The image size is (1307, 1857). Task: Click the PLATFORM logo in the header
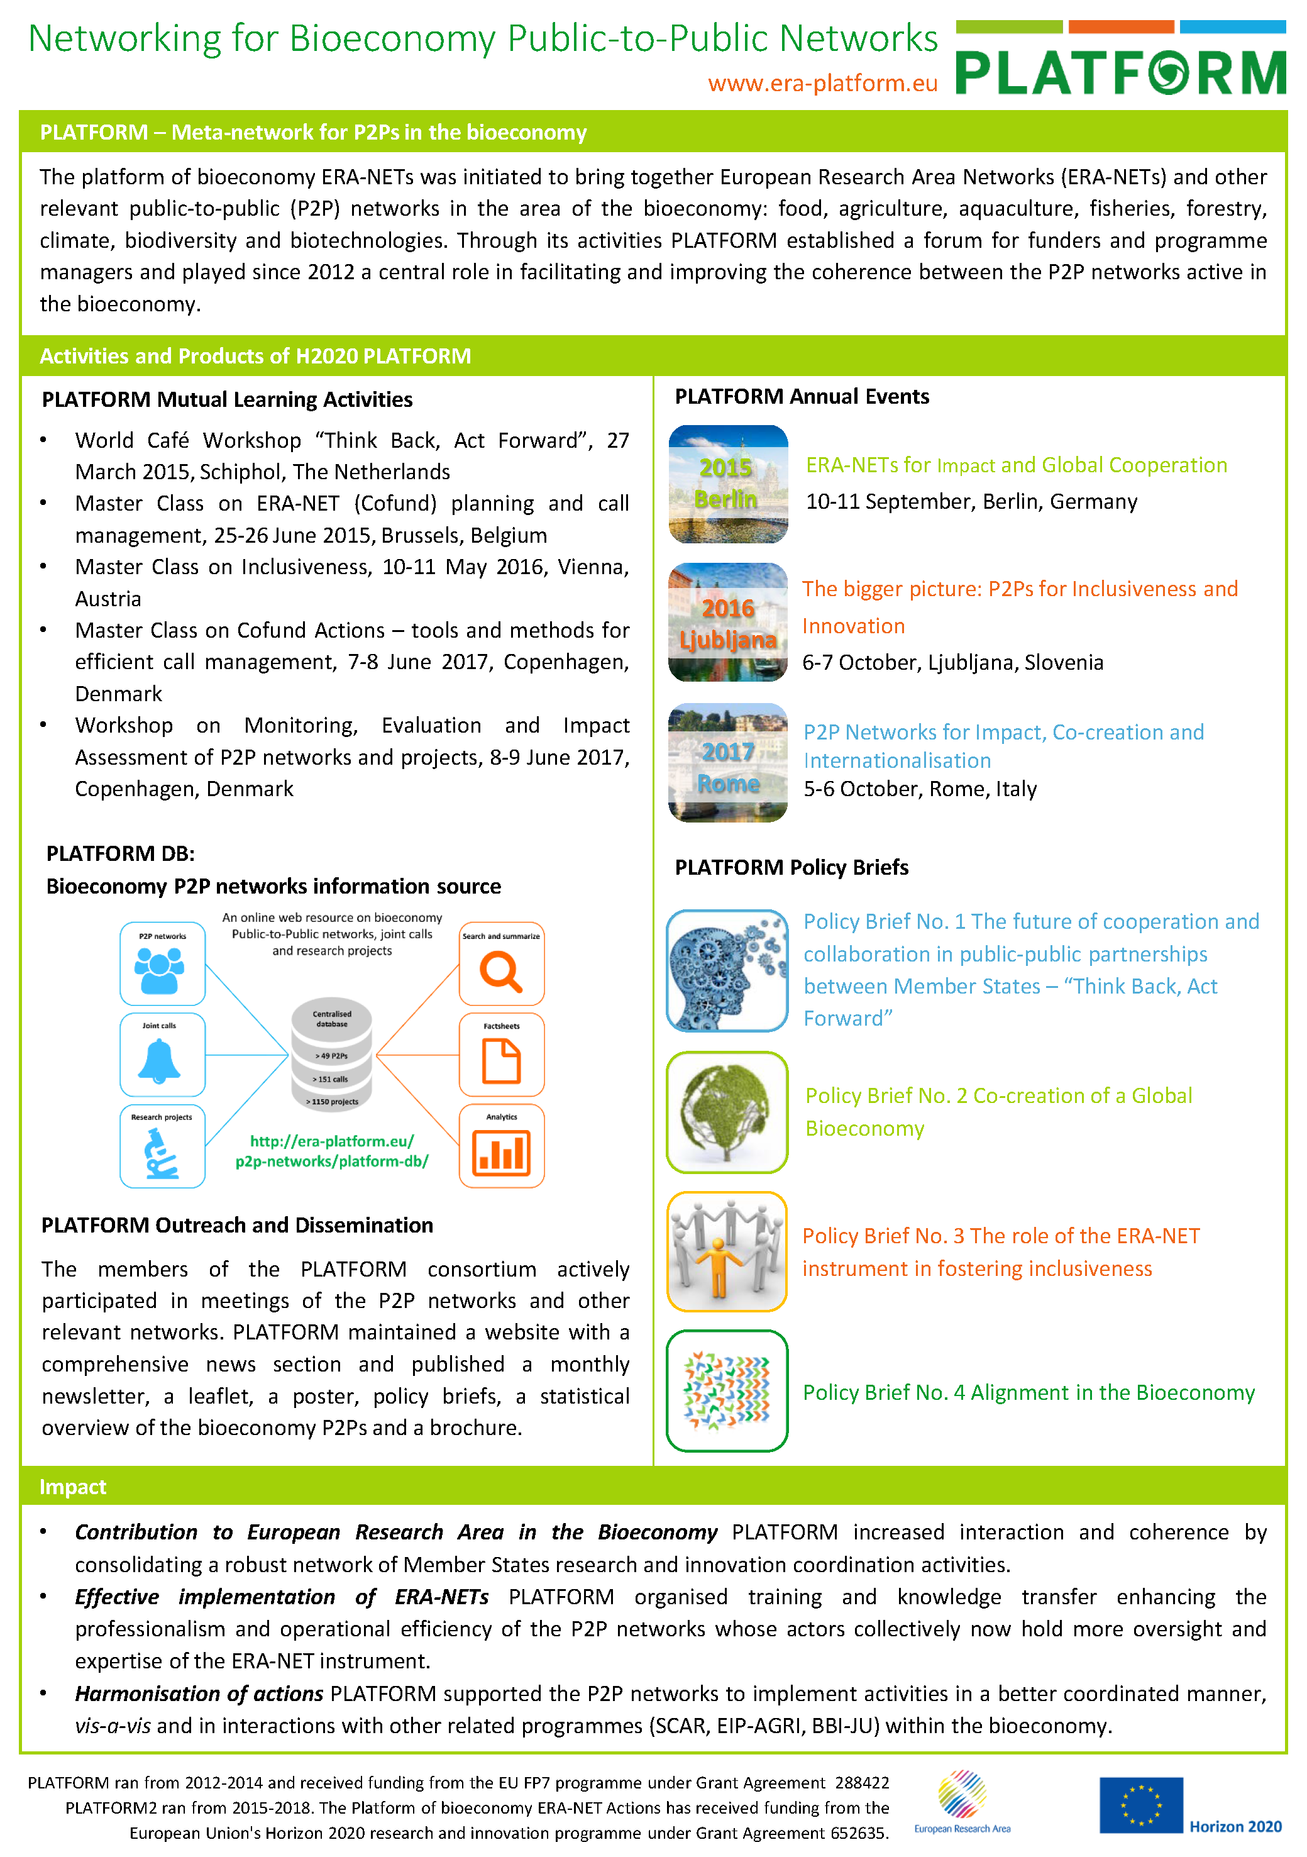[1120, 71]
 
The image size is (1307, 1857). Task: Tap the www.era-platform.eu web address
[822, 83]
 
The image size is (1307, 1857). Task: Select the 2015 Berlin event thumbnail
[728, 484]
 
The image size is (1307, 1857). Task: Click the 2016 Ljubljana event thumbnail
[728, 622]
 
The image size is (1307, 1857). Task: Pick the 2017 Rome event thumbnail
[728, 763]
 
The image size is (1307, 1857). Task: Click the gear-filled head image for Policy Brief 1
[727, 970]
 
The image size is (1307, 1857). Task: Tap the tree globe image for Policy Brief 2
[727, 1112]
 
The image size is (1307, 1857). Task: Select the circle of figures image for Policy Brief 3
[727, 1251]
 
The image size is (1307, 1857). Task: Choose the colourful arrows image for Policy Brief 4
[727, 1390]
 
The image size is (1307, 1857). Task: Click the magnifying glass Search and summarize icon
[502, 970]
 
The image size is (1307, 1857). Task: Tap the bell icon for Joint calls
[160, 1060]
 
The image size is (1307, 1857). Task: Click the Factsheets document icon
[502, 1060]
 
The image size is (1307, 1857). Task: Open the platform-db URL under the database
[331, 1151]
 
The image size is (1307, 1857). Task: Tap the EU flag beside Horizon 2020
[1140, 1805]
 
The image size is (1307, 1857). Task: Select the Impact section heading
[73, 1487]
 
